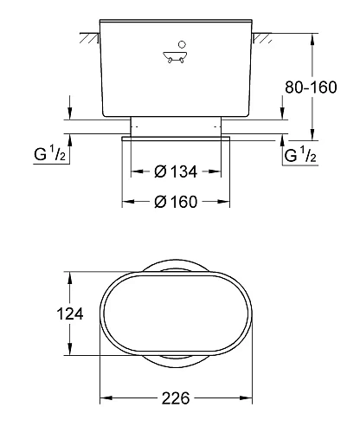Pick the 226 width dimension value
point(176,399)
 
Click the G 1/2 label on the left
point(48,156)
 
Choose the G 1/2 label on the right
point(301,156)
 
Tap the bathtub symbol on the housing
point(176,59)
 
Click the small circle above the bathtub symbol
point(181,43)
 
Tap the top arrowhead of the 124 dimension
point(67,275)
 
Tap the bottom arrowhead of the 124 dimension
point(67,352)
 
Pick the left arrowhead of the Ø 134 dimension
point(134,171)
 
